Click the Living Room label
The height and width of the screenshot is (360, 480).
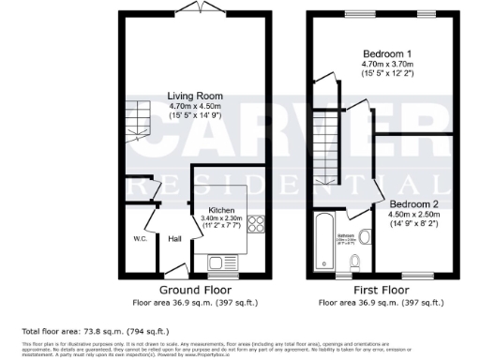pyautogui.click(x=195, y=96)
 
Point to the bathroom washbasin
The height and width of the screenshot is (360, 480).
pyautogui.click(x=351, y=238)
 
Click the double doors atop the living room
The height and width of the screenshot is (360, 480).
pyautogui.click(x=195, y=7)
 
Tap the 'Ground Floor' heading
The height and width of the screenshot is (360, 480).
pyautogui.click(x=195, y=291)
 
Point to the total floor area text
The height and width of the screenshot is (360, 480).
pyautogui.click(x=82, y=331)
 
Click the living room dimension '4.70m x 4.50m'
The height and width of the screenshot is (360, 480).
pyautogui.click(x=195, y=106)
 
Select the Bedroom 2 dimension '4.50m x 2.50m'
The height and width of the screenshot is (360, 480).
pyautogui.click(x=415, y=214)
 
